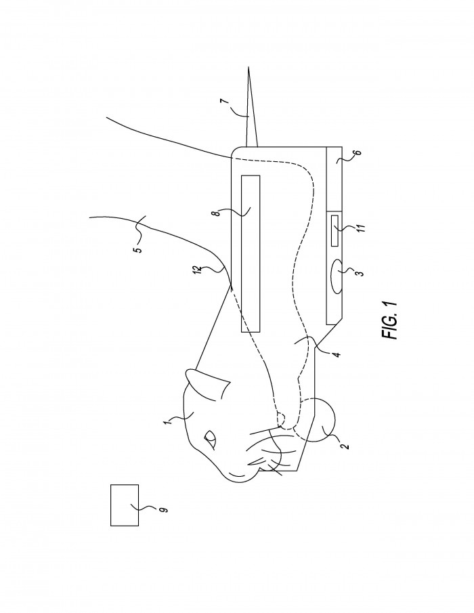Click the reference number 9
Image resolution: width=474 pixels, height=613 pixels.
click(x=163, y=509)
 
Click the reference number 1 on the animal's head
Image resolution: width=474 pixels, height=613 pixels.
click(x=167, y=421)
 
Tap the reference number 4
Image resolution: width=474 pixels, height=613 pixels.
click(x=337, y=354)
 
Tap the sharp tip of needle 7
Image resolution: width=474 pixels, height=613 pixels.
click(x=248, y=68)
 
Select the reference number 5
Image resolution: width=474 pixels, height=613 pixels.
click(x=139, y=249)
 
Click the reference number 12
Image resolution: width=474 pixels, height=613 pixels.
click(x=199, y=269)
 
